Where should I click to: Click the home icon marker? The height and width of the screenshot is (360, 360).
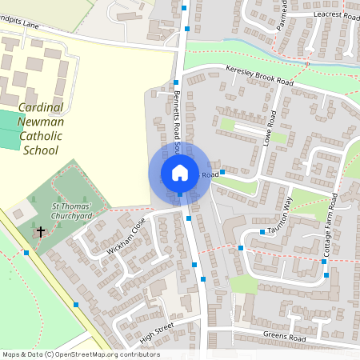(179, 172)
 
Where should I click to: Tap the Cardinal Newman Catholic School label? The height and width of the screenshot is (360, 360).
(41, 127)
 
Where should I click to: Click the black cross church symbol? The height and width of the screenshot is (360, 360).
(41, 232)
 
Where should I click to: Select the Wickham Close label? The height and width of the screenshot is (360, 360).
(126, 237)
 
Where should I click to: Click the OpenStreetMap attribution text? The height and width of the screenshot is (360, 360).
(80, 354)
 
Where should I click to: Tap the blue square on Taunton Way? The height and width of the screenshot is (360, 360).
(262, 232)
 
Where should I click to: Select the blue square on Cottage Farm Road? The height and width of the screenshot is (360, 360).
(325, 274)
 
